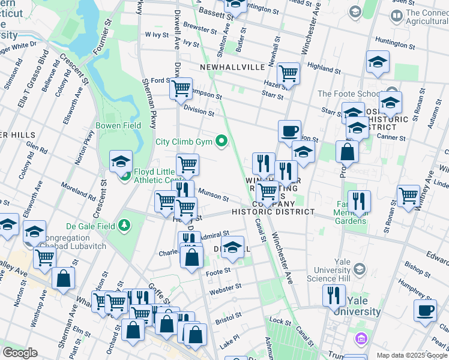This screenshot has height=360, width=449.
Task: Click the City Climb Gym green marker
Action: (222, 142)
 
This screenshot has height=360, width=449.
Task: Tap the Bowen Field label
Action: (118, 125)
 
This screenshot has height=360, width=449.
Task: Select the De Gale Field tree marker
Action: (124, 225)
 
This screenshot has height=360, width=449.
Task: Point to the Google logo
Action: (19, 353)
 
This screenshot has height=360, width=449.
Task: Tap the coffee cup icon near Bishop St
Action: (426, 311)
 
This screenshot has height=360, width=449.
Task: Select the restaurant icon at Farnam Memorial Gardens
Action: (359, 202)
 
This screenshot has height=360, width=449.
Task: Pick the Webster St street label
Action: (225, 290)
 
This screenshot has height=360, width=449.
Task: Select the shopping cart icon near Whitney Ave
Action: (409, 196)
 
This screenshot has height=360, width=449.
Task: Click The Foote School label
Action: (345, 94)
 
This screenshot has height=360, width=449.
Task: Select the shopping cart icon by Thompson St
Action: (180, 89)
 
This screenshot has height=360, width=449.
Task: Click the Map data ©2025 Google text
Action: (412, 355)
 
